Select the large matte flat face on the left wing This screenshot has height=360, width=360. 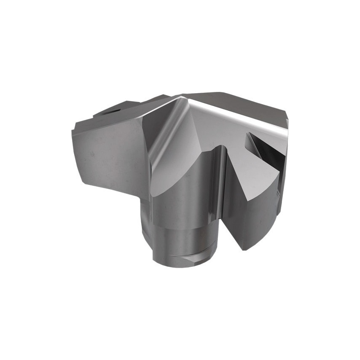[110, 152]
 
